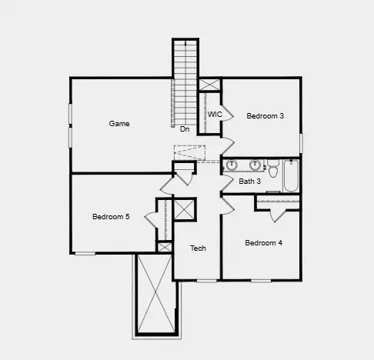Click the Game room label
[x=119, y=124]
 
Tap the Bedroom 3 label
[x=265, y=116]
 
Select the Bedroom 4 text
[x=263, y=243]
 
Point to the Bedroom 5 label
[x=111, y=217]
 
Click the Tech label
[x=198, y=248]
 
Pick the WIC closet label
[x=215, y=115]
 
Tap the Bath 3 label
[x=249, y=182]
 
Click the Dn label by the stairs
[x=185, y=129]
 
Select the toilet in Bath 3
[x=272, y=165]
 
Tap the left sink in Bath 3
[x=232, y=165]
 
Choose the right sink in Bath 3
[x=255, y=165]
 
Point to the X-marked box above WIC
[x=209, y=85]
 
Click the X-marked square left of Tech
[x=184, y=210]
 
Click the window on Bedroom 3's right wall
[x=301, y=143]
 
